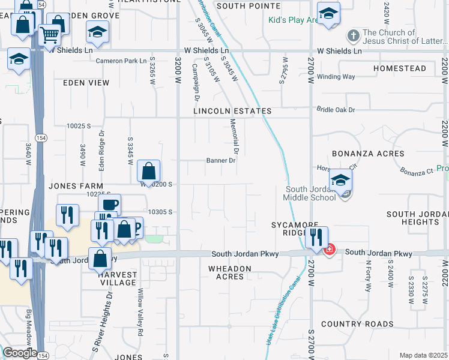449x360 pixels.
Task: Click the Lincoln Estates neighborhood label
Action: (x=232, y=112)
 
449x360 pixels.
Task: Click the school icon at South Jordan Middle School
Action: (x=340, y=181)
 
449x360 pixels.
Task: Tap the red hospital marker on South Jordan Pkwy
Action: (x=329, y=249)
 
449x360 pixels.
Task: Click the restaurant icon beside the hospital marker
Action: (x=316, y=238)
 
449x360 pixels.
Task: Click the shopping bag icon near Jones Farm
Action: (x=148, y=172)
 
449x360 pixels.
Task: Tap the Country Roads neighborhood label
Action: (x=357, y=324)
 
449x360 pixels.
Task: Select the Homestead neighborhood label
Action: (x=399, y=69)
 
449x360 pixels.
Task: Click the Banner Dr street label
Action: (x=221, y=161)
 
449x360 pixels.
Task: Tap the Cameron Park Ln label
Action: (x=121, y=61)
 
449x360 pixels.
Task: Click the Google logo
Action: (x=19, y=353)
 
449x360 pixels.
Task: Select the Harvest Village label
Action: (x=118, y=278)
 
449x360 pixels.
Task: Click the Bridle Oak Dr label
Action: (x=336, y=110)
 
